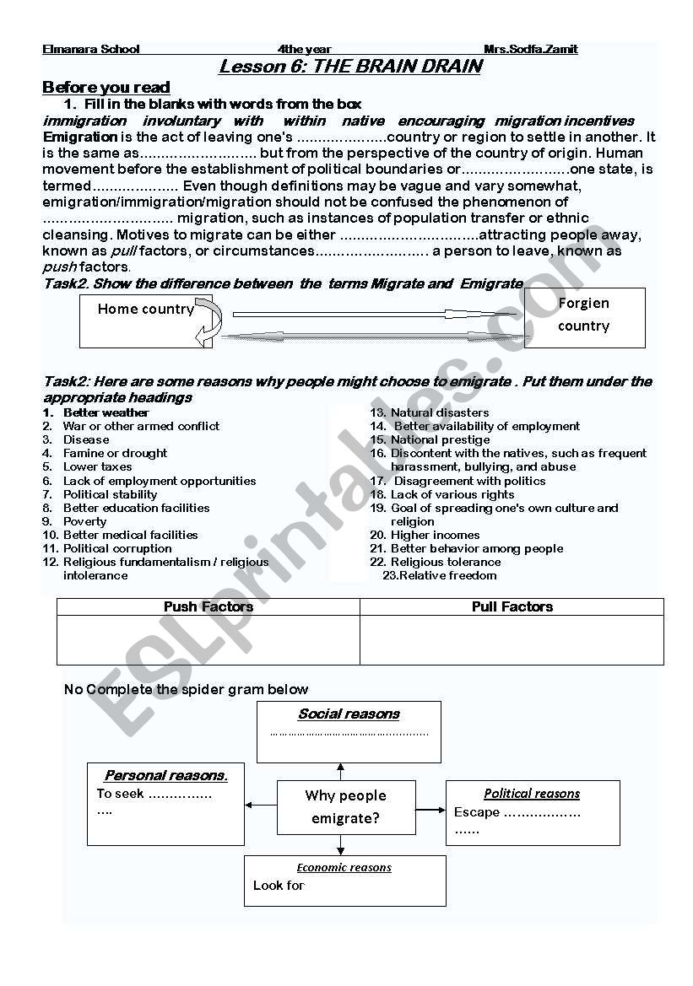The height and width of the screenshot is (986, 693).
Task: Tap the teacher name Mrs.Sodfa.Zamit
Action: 530,49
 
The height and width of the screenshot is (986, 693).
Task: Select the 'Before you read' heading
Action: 106,87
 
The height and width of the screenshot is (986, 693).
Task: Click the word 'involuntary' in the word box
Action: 181,121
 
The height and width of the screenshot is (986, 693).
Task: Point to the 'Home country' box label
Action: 145,309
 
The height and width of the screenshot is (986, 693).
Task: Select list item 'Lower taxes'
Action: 97,466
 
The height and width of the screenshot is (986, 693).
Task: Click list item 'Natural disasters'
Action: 439,412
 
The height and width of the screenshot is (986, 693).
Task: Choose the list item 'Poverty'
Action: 84,521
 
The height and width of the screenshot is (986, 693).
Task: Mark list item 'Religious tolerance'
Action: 445,562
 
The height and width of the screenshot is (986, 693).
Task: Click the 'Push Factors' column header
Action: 208,606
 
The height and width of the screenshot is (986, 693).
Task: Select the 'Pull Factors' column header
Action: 512,606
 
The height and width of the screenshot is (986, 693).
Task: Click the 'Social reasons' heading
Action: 349,714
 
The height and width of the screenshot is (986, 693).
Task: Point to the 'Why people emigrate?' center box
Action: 346,807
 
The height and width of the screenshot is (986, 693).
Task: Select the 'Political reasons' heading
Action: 532,794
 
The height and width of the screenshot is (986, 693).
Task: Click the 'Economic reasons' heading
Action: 344,867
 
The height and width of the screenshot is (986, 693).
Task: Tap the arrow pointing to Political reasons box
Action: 430,811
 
